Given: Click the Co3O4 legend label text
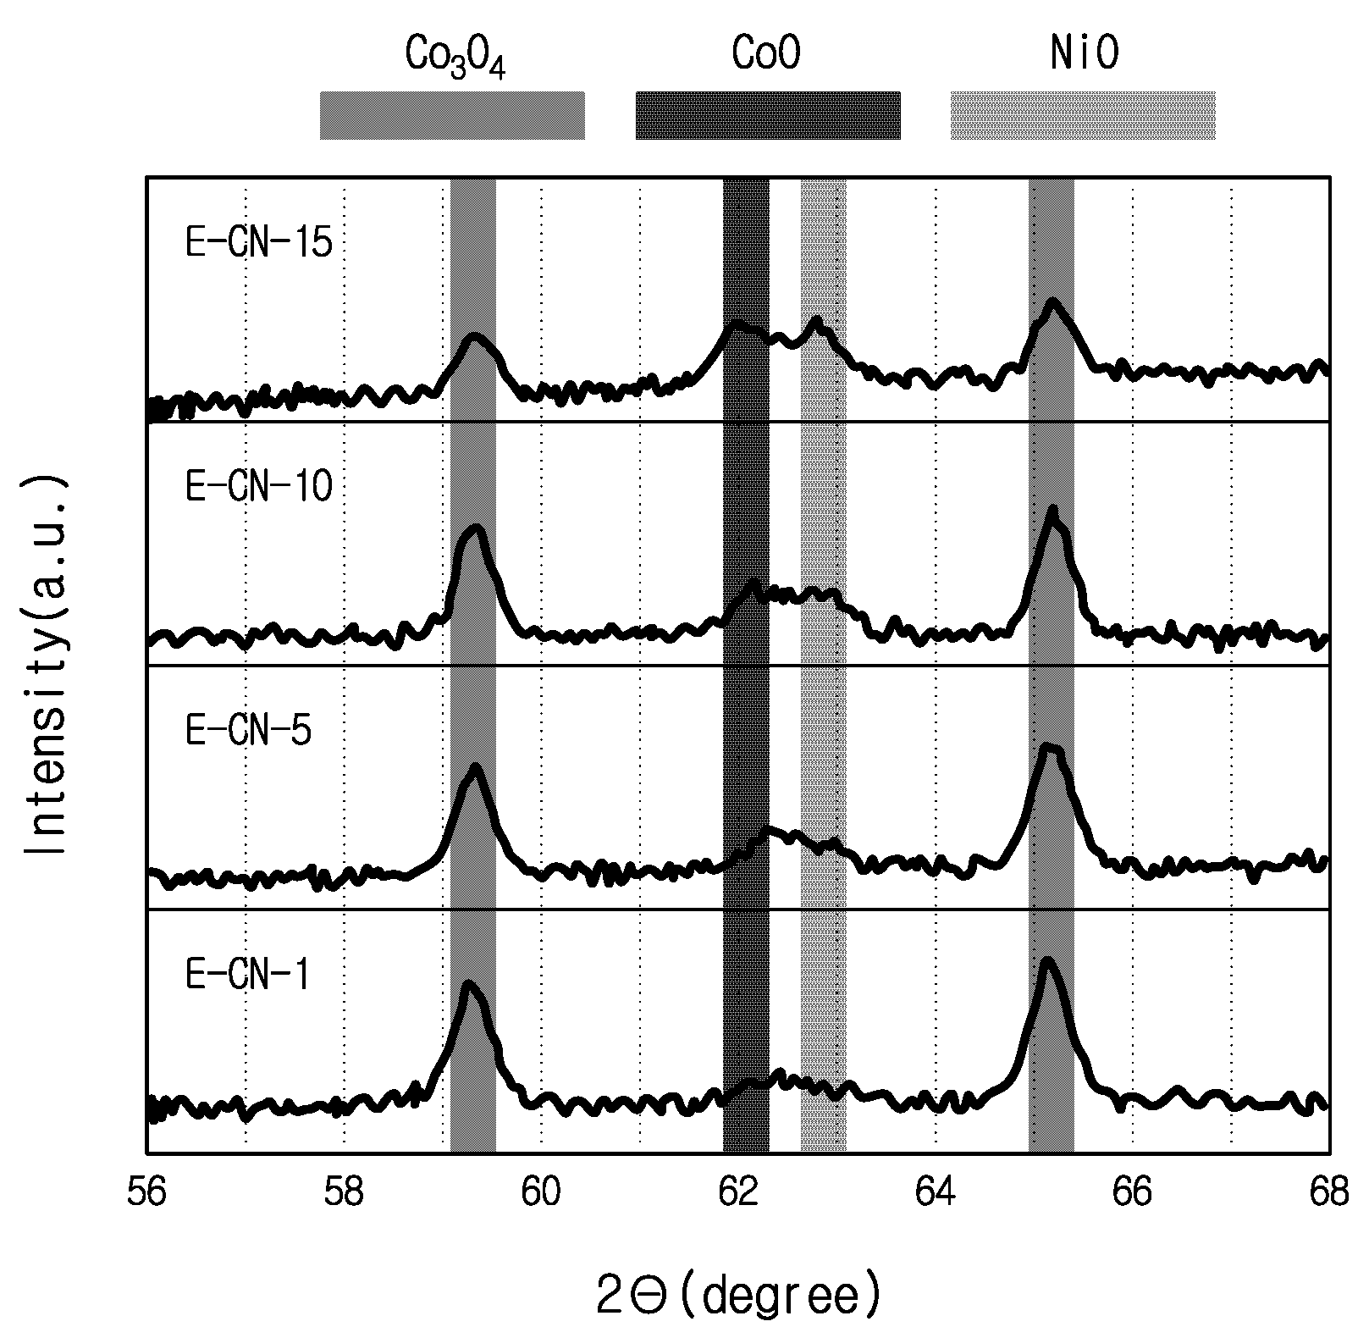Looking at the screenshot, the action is tap(455, 57).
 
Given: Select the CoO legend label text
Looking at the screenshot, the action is tap(767, 53).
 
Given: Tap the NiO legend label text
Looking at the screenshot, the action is tap(1085, 53).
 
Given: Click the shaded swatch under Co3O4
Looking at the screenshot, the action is tap(452, 114).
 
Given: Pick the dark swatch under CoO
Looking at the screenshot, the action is tap(768, 114).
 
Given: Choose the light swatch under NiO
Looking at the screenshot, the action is tap(1083, 114).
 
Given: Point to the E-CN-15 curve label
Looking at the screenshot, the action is tap(258, 242).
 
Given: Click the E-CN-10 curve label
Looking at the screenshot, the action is tap(258, 486).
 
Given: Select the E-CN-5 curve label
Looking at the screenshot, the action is tap(248, 730).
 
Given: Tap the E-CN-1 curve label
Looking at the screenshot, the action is tap(248, 974).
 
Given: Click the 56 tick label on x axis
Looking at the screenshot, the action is tap(147, 1191).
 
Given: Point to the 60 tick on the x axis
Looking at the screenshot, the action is tap(542, 1191).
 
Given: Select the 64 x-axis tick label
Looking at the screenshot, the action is tap(936, 1191).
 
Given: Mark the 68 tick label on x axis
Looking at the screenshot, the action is tap(1329, 1191).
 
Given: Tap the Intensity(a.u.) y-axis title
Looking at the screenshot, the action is tap(46, 665).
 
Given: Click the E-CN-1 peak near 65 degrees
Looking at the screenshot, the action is tap(1048, 961).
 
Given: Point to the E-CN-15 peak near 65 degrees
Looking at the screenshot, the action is tap(1052, 302).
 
